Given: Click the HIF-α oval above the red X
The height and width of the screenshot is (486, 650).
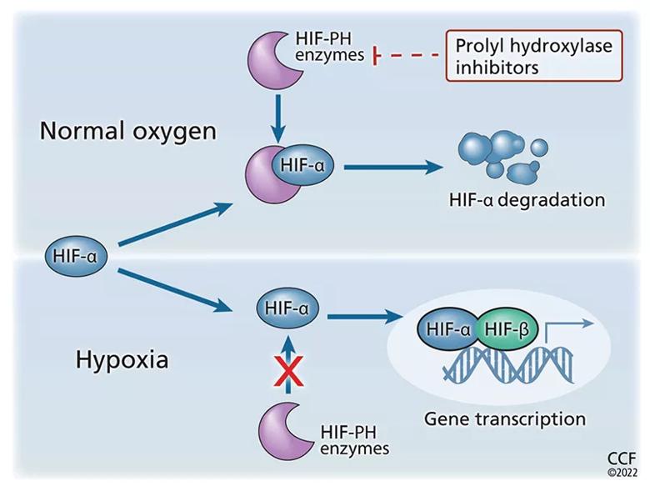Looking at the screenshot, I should click(286, 309).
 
